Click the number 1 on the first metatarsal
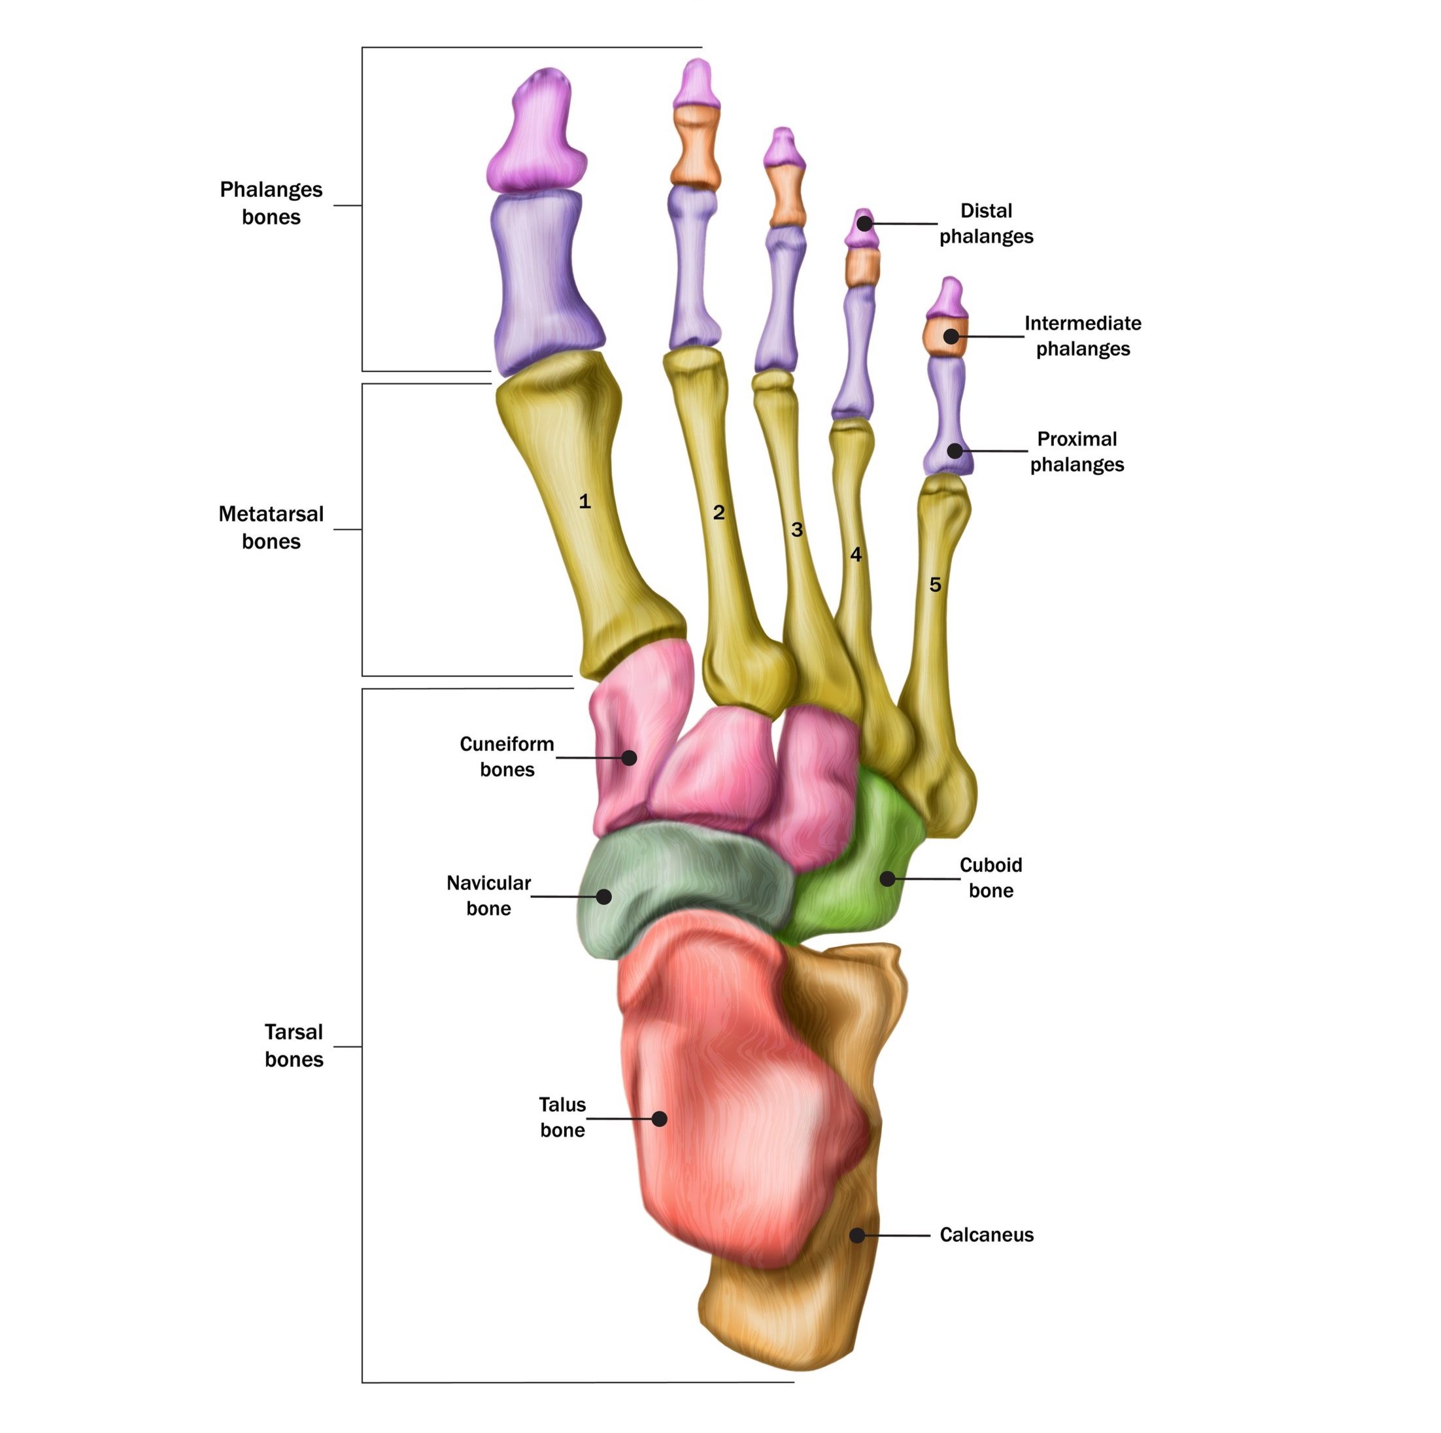click(585, 501)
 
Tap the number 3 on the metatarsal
click(796, 530)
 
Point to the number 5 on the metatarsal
click(936, 585)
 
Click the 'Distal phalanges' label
click(986, 224)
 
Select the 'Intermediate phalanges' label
click(1082, 336)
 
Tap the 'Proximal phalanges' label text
click(1077, 451)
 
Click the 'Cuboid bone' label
click(991, 877)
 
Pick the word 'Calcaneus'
click(986, 1235)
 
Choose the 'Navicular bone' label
click(488, 895)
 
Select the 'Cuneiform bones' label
click(507, 757)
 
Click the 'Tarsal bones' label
click(294, 1045)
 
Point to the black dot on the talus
click(659, 1118)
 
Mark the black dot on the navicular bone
click(605, 896)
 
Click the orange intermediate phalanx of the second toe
click(695, 145)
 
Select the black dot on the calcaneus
click(858, 1235)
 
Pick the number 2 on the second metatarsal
click(719, 513)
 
